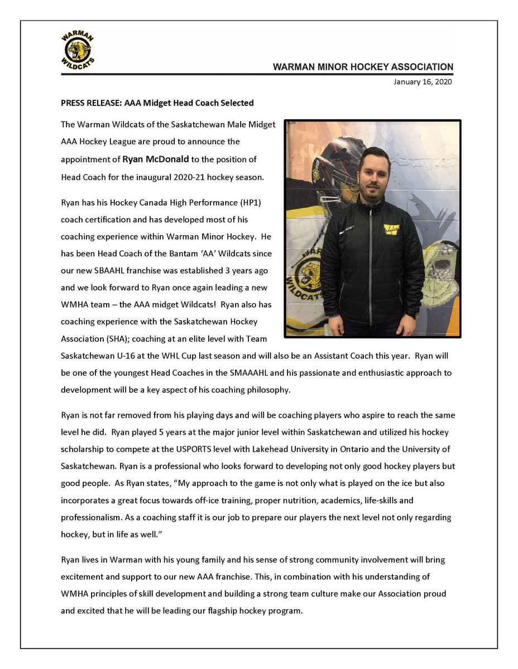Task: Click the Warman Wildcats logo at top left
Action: click(78, 51)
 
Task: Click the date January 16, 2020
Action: click(423, 82)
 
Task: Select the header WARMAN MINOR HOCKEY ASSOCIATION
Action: click(363, 67)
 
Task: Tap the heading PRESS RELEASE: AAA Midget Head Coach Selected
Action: click(157, 103)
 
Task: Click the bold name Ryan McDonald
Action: click(156, 159)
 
